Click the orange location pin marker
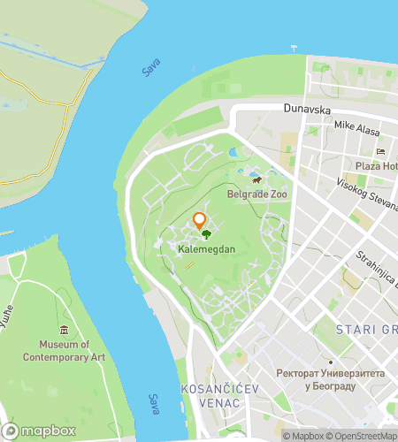point(199,220)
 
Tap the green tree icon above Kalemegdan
point(206,235)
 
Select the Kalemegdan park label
point(205,250)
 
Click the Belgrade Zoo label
point(257,194)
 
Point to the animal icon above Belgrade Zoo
point(256,180)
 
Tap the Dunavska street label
point(307,109)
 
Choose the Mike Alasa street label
point(357,126)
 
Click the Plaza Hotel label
point(376,166)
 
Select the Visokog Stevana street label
point(366,193)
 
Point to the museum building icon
point(64,331)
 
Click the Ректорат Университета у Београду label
point(329,379)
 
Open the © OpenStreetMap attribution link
point(363,435)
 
